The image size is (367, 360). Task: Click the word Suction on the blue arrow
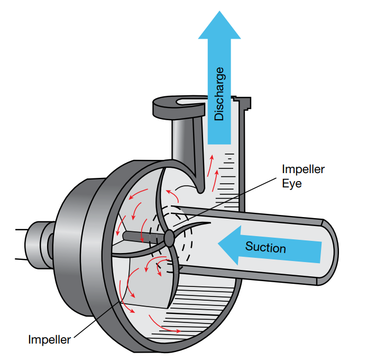(x=265, y=247)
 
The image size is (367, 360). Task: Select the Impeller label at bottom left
(x=49, y=340)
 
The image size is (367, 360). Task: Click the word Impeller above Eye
(x=303, y=169)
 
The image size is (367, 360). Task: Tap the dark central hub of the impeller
(x=169, y=238)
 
